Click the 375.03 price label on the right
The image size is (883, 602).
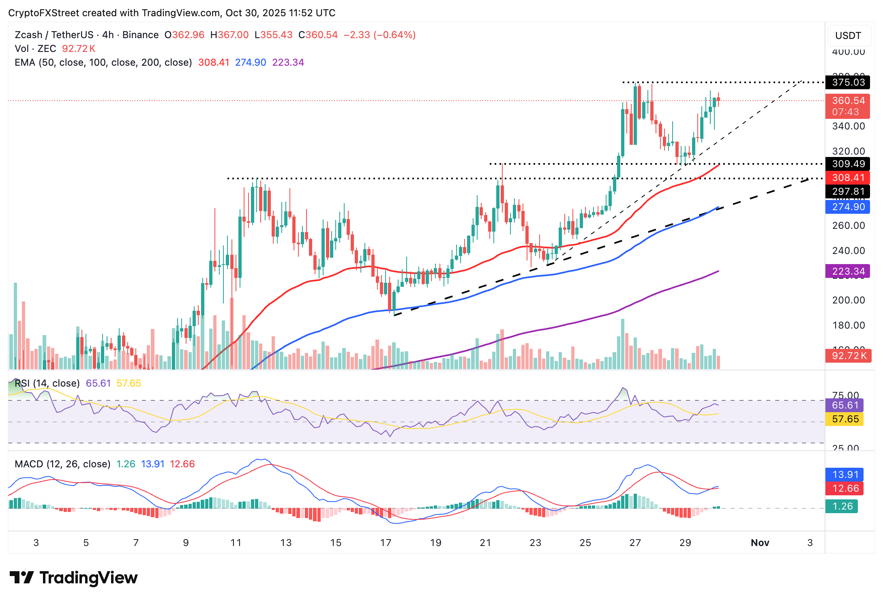tap(848, 82)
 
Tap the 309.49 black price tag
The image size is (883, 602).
tap(848, 164)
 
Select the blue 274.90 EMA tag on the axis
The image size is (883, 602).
tap(848, 207)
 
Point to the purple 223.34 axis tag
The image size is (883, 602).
tap(848, 271)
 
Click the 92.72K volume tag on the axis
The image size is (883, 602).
tap(848, 356)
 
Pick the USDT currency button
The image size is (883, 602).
tap(848, 36)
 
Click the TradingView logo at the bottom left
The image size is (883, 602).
tap(73, 578)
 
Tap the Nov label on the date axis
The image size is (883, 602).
tap(760, 543)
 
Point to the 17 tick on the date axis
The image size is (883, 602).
tap(386, 543)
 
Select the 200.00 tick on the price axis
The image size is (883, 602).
tap(848, 300)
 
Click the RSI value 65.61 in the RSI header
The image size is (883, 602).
tap(98, 383)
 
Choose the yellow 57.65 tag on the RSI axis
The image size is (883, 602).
tap(845, 419)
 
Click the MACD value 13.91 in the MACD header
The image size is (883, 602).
tap(152, 464)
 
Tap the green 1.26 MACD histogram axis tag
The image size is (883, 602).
tap(842, 506)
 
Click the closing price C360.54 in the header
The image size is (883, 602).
tap(318, 35)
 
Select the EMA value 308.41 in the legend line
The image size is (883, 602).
tap(214, 62)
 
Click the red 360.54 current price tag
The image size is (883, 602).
tap(848, 101)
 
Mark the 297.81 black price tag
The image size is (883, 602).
tap(848, 191)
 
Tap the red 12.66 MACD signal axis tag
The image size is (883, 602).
tap(845, 488)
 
